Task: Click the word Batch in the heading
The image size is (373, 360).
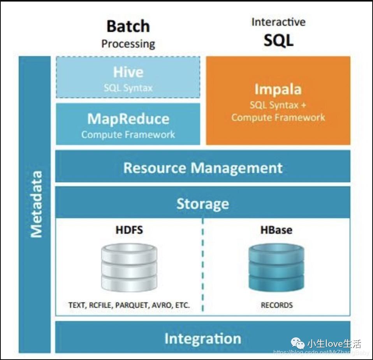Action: click(x=128, y=26)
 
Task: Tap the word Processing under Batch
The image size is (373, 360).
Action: click(x=128, y=44)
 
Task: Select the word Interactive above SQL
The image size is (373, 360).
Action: click(x=278, y=22)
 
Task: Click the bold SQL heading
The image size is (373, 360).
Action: click(x=278, y=40)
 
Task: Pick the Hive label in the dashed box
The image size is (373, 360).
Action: click(x=128, y=72)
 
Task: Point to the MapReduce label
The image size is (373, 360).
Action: click(x=128, y=119)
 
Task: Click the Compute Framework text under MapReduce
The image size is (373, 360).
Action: click(x=128, y=135)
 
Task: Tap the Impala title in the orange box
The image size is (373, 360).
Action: click(x=278, y=89)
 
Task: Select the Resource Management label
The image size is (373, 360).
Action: click(x=203, y=168)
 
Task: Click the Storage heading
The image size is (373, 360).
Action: click(x=203, y=204)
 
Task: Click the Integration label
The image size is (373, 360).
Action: click(x=203, y=338)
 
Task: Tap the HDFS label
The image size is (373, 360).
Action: click(x=129, y=229)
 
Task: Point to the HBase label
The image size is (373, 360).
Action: click(x=276, y=229)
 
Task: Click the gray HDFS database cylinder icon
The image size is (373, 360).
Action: click(x=129, y=266)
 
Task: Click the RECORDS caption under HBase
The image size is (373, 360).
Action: click(x=276, y=305)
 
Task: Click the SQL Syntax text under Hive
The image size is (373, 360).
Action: click(x=128, y=88)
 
